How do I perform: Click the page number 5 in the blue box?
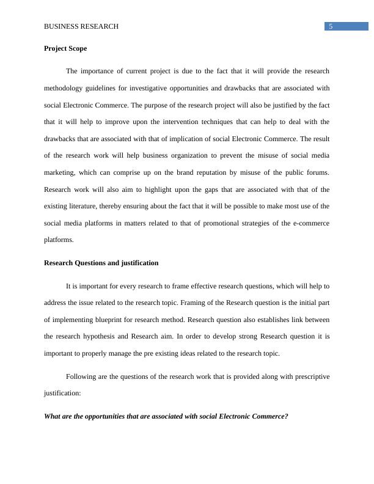click(331, 26)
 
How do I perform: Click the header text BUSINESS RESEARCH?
click(81, 27)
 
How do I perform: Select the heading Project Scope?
click(65, 48)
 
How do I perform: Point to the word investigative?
click(157, 88)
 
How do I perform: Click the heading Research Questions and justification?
click(101, 263)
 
